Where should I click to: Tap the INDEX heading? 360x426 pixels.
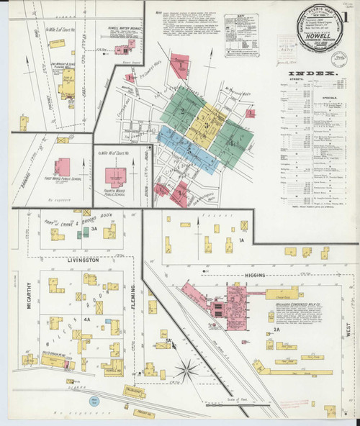pyautogui.click(x=313, y=73)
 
